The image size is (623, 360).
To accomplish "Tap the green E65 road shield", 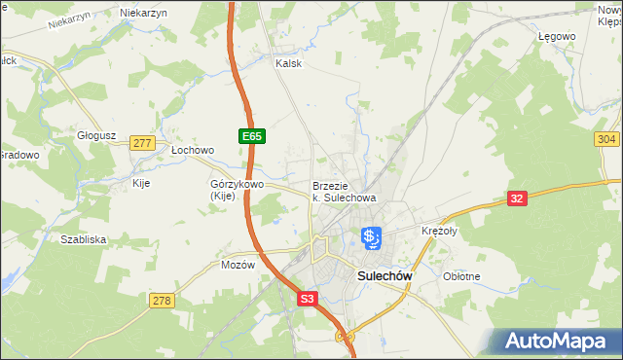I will (x=251, y=137).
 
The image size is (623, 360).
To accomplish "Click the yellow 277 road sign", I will (x=142, y=142).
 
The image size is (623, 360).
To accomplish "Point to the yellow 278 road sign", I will (x=162, y=301).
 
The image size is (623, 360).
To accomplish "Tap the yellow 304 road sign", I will (x=605, y=139).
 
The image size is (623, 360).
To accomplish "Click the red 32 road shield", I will (x=518, y=198).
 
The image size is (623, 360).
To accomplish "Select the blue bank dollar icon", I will (x=371, y=236).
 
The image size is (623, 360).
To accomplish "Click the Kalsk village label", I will (x=289, y=63).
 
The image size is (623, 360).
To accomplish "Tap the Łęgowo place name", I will (x=557, y=36).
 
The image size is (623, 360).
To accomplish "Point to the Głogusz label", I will (x=96, y=136).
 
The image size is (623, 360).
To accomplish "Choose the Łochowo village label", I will (x=192, y=151).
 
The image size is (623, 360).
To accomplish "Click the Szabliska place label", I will (x=83, y=238).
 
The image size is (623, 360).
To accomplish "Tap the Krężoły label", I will (x=439, y=232).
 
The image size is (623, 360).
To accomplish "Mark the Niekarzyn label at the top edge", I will (x=143, y=13).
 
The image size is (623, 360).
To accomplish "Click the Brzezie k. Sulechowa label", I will (x=344, y=192).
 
